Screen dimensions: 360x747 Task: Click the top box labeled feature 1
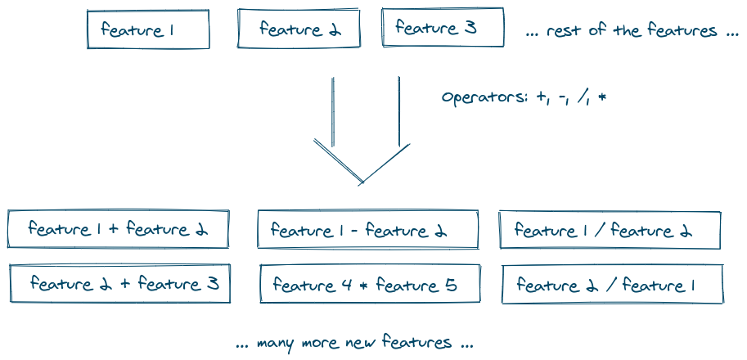[148, 29]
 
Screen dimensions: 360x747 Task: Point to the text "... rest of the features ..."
[632, 31]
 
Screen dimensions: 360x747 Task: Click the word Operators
[483, 97]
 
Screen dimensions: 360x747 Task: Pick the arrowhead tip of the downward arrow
[361, 182]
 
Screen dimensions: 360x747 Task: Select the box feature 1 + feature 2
[119, 229]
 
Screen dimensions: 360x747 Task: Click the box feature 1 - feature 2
[367, 230]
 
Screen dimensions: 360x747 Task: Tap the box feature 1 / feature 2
[610, 231]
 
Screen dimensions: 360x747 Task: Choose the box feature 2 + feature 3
[120, 284]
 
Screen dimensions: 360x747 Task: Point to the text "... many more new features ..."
[353, 342]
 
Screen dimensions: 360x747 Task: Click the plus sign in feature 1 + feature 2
[114, 230]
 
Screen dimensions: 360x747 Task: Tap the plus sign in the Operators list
[541, 97]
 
